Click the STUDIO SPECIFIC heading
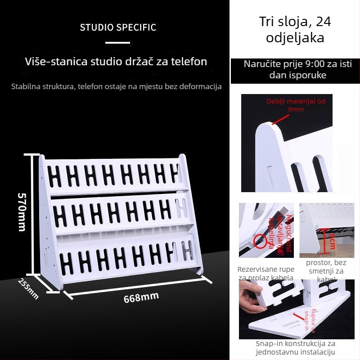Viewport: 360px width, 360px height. pos(118,27)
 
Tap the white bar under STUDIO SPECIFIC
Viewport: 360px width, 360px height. pos(117,43)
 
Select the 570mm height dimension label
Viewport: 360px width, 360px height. pos(22,212)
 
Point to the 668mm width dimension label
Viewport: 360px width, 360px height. pos(141,297)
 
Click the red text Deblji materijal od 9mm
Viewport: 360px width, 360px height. pos(296,105)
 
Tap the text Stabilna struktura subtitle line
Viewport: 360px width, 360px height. pos(116,86)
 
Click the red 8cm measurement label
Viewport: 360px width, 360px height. pos(332,240)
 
